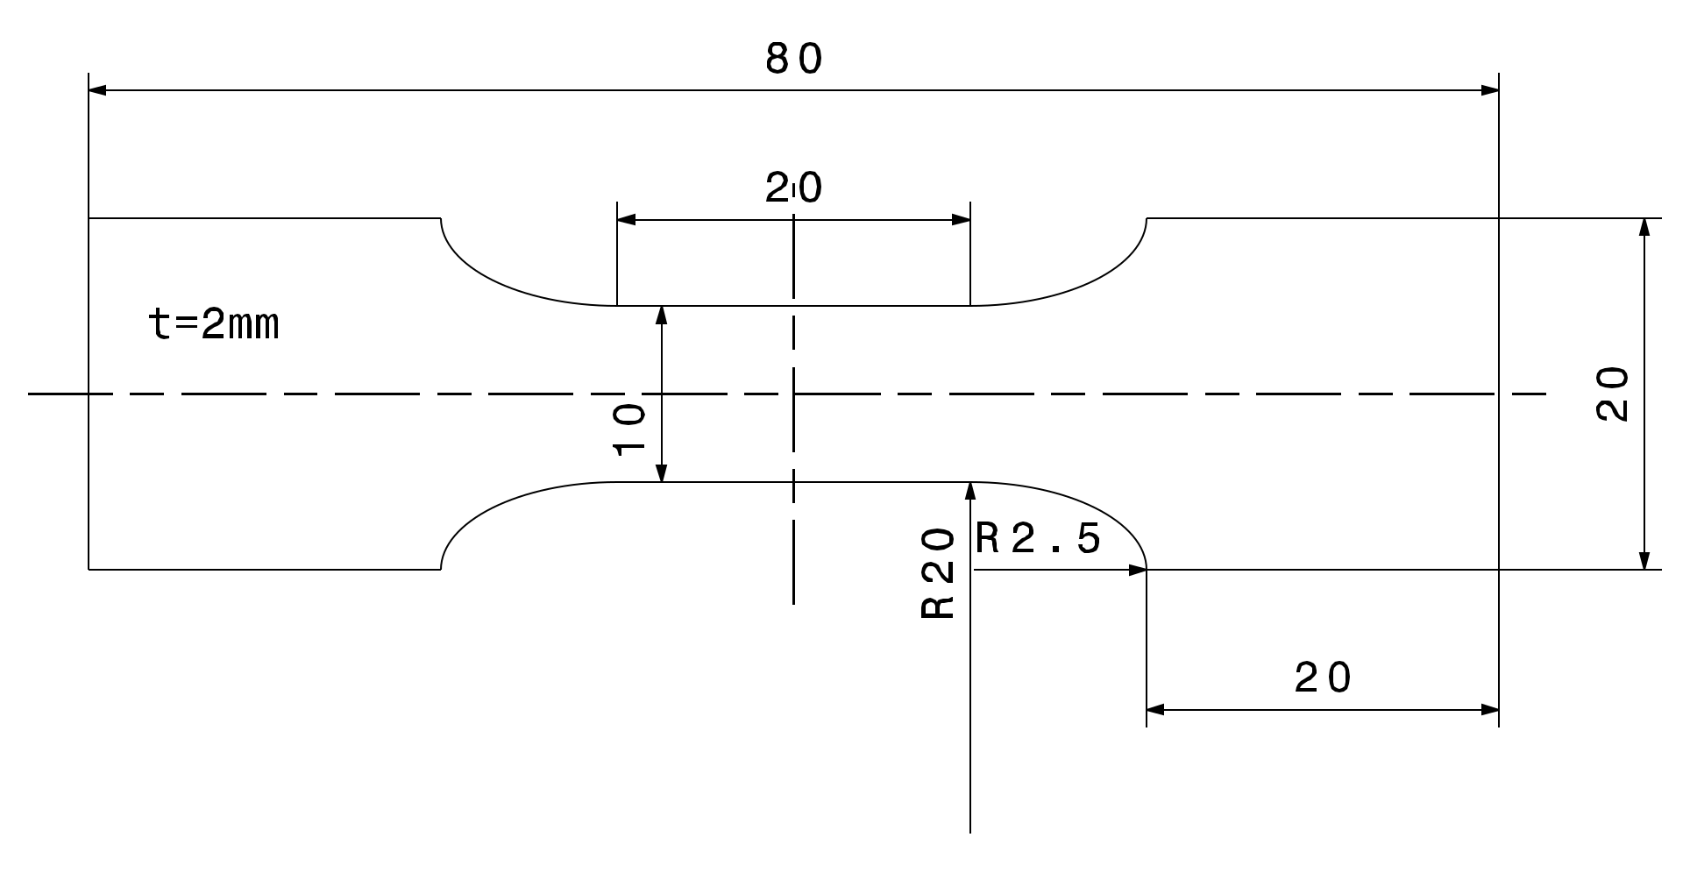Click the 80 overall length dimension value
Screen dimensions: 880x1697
point(794,60)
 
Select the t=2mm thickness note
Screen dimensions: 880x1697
point(215,325)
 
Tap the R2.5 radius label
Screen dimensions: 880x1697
point(1038,539)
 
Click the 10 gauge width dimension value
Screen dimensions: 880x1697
point(629,429)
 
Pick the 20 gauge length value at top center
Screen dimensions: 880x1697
point(794,188)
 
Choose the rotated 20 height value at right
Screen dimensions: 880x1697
point(1612,394)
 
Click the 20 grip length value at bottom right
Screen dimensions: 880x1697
point(1324,678)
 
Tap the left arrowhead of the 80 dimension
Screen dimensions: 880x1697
point(97,89)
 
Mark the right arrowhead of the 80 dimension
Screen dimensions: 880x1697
point(1489,89)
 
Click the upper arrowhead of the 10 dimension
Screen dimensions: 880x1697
point(662,316)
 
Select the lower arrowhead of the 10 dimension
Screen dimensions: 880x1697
point(662,472)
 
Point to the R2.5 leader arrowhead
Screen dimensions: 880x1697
point(1138,570)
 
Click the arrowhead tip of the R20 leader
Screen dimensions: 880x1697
point(970,491)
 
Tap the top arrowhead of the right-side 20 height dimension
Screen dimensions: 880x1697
point(1644,227)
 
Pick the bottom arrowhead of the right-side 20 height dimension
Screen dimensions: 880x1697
point(1644,560)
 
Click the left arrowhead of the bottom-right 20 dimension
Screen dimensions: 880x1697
point(1155,709)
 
